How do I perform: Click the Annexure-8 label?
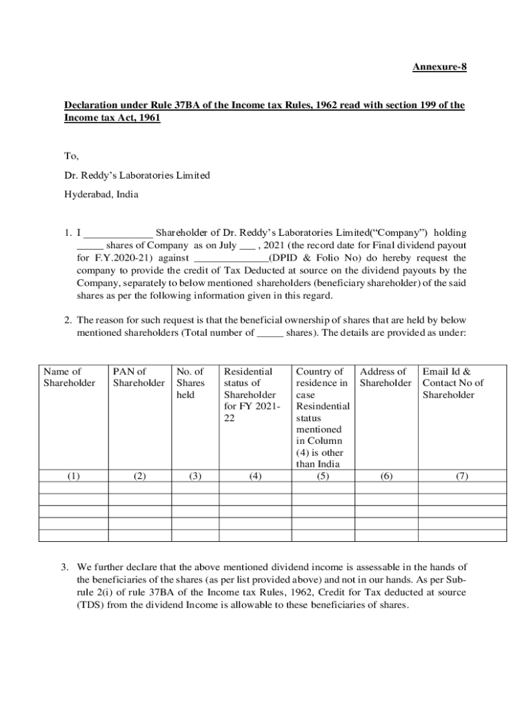pos(434,67)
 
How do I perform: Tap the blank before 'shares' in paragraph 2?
pos(270,332)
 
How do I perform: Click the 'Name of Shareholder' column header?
pos(69,377)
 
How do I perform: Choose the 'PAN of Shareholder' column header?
pos(139,377)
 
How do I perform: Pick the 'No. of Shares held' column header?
pos(190,383)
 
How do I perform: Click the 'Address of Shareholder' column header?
pos(385,377)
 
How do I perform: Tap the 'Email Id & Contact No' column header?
pos(452,383)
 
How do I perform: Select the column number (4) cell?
pos(255,476)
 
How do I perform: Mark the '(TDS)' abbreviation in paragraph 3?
pos(90,605)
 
